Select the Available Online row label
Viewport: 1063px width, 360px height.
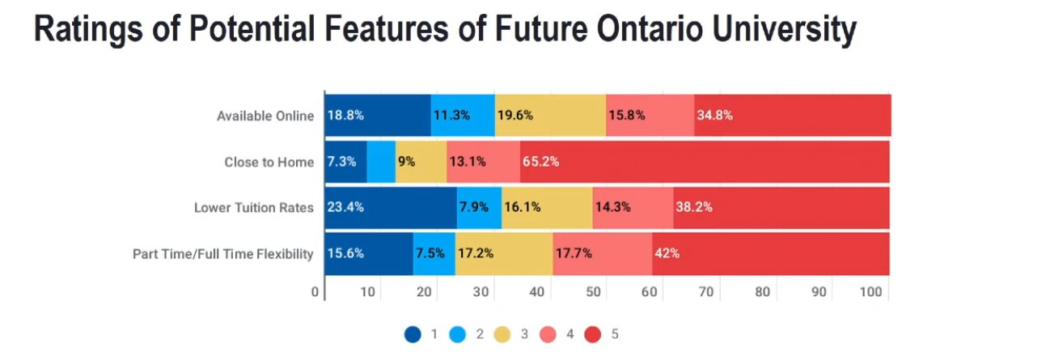265,116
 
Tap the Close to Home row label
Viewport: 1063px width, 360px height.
269,162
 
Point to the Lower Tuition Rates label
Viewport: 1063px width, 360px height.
253,208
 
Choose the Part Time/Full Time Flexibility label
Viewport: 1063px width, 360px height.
222,254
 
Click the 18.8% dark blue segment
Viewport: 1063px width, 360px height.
377,116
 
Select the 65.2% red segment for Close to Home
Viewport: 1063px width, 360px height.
704,162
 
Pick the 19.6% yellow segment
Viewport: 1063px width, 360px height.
550,116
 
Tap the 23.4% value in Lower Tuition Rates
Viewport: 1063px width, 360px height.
345,208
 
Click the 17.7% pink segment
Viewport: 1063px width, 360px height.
602,254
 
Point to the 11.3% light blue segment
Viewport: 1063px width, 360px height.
463,116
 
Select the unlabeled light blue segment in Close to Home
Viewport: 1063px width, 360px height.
381,162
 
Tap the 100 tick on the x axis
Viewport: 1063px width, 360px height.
870,293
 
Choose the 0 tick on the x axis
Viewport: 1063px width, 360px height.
316,293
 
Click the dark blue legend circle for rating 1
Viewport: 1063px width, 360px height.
413,333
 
